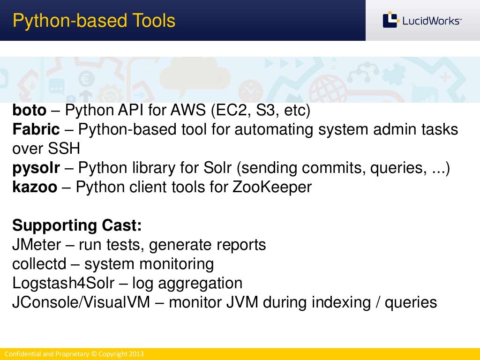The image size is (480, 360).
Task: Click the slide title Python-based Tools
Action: (94, 21)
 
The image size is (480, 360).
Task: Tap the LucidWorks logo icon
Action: (390, 20)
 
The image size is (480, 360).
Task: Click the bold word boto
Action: (30, 111)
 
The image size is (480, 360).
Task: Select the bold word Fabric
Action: (36, 129)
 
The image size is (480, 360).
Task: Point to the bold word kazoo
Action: (35, 187)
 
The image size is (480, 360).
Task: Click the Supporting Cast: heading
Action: (77, 225)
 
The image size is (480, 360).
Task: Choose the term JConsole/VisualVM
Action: (81, 302)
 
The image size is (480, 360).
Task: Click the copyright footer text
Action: (74, 354)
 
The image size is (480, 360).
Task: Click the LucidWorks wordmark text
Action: (431, 21)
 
